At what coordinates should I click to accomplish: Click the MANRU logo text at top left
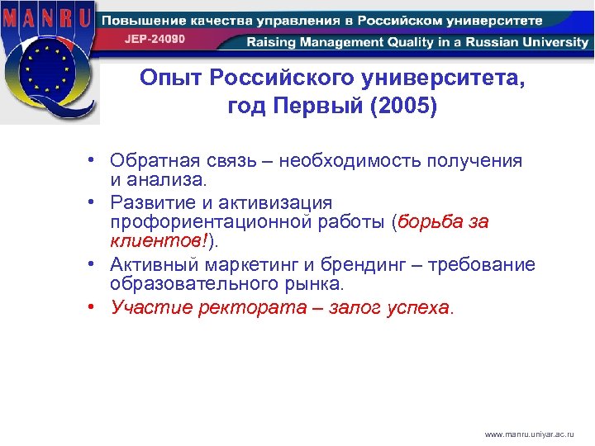pyautogui.click(x=47, y=17)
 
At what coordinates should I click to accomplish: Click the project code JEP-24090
pyautogui.click(x=155, y=39)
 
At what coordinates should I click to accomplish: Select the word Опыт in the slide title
pyautogui.click(x=170, y=78)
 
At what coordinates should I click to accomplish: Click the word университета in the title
pyautogui.click(x=445, y=78)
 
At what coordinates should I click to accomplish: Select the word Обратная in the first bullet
pyautogui.click(x=154, y=160)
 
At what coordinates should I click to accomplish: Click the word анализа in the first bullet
pyautogui.click(x=174, y=179)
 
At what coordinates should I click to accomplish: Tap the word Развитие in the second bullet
pyautogui.click(x=153, y=202)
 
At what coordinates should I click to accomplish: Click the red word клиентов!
pyautogui.click(x=156, y=241)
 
